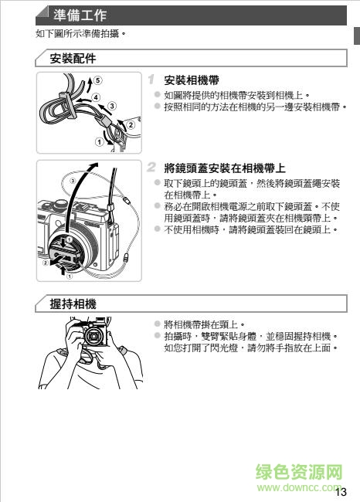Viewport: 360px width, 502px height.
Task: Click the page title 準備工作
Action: click(80, 15)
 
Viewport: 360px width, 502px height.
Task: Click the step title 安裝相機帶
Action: click(192, 80)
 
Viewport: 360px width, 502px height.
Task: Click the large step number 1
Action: click(152, 80)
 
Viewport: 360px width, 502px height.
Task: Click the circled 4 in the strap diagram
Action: click(96, 97)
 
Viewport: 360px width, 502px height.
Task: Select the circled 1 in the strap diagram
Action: click(98, 141)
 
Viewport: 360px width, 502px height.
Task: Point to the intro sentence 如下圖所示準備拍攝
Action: click(80, 34)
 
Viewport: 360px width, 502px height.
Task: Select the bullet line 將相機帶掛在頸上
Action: click(204, 324)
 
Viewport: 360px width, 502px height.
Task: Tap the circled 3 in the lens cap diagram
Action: click(73, 181)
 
